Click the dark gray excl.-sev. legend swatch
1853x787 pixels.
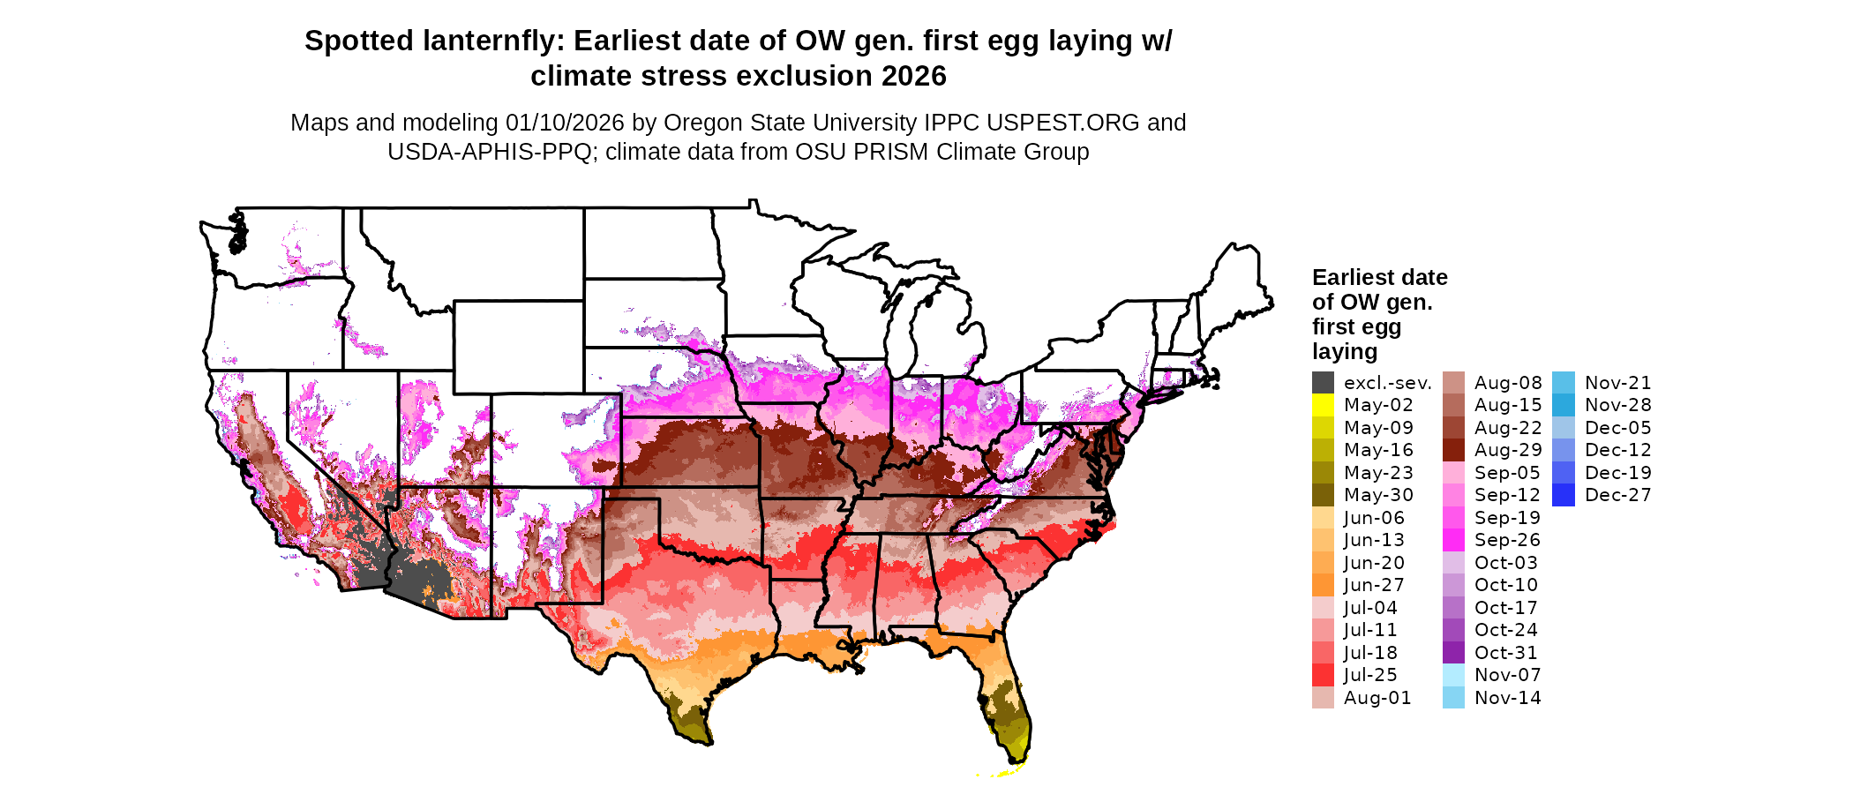(1323, 383)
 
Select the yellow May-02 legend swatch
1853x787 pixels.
(1323, 405)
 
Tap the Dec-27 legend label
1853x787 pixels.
(1617, 495)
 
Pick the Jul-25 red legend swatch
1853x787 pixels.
(1323, 675)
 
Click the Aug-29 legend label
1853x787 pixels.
(1508, 450)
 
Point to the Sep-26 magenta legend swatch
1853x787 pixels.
(1453, 540)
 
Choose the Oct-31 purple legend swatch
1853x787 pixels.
(1453, 653)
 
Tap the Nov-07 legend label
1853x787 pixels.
(1508, 675)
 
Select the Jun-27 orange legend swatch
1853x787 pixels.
(1323, 585)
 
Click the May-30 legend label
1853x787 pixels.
(1378, 495)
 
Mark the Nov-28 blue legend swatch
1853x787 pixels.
(1563, 405)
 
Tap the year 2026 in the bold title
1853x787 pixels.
(913, 77)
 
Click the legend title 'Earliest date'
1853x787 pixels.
(1379, 278)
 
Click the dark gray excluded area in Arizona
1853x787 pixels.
(424, 578)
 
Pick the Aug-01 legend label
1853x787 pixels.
(1377, 698)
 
